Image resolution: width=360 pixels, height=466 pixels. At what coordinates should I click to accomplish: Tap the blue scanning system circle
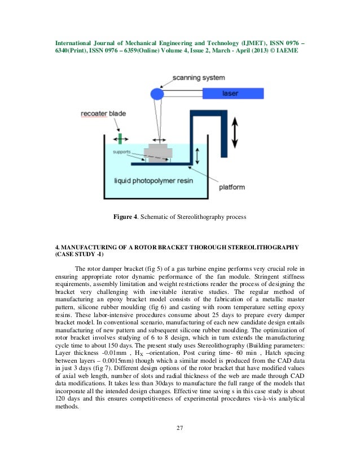tap(156, 92)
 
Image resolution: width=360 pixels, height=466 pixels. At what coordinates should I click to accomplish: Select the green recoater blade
tap(120, 138)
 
